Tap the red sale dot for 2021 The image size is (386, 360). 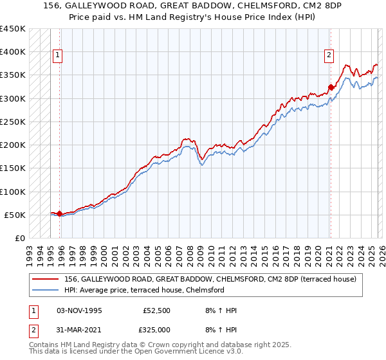pyautogui.click(x=331, y=87)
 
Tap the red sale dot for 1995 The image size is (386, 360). pyautogui.click(x=60, y=213)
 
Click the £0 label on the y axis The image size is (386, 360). pyautogui.click(x=19, y=238)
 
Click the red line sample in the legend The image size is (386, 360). pyautogui.click(x=46, y=278)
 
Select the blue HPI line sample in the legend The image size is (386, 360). pyautogui.click(x=46, y=290)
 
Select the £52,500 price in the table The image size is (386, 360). pyautogui.click(x=156, y=310)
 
